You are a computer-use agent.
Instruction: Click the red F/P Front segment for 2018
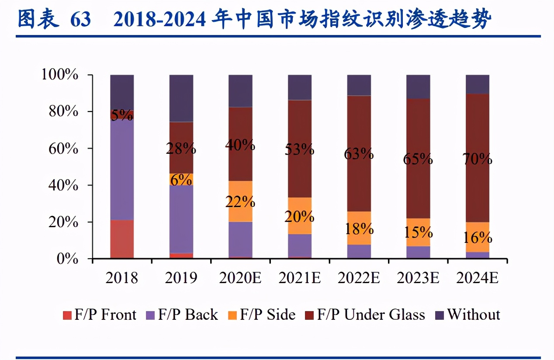point(122,239)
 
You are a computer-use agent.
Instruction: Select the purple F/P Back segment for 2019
point(181,218)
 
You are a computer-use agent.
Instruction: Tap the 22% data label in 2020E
point(240,201)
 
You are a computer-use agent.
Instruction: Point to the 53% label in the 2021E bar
point(300,149)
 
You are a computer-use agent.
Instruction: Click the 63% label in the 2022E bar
point(359,154)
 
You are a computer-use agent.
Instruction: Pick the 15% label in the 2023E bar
point(418,232)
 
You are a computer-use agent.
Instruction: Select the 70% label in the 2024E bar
point(478,159)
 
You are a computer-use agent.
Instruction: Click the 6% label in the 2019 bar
point(181,179)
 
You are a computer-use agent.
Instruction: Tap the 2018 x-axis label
point(122,278)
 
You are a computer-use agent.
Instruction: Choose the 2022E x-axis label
point(359,278)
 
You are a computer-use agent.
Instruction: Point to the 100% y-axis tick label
point(60,75)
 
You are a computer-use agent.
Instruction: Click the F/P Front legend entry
point(100,315)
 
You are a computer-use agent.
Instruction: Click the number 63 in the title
point(80,20)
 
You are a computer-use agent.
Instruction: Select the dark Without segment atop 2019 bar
point(181,98)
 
